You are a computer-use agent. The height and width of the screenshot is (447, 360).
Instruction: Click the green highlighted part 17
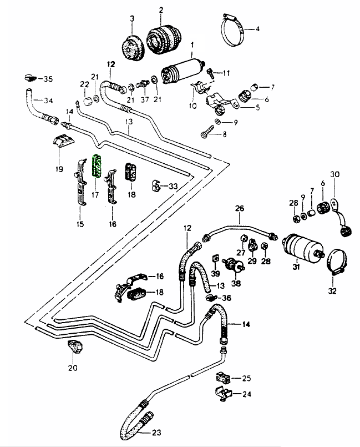coord(96,166)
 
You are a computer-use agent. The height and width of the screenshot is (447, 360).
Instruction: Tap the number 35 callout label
coord(48,79)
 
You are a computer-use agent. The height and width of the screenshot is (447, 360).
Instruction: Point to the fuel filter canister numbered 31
coord(303,246)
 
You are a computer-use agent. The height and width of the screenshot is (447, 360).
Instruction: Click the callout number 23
coord(156,433)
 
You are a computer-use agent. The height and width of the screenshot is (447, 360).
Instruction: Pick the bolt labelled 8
coord(207,130)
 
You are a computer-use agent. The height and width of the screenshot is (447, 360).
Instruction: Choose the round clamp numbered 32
coord(336,261)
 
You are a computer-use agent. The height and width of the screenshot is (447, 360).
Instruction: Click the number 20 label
coord(73,368)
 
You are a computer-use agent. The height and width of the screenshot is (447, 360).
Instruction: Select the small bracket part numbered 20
coord(75,347)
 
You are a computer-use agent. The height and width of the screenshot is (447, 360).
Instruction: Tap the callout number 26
coord(240,208)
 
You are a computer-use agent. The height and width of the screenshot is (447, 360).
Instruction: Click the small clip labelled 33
coord(155,186)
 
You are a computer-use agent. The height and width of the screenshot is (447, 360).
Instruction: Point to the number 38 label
coord(236,283)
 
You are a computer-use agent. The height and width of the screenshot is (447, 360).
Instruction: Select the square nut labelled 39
coord(216,259)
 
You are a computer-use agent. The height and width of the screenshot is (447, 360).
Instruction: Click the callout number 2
coord(161,11)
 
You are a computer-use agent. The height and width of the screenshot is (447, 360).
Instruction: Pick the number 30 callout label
coord(335,174)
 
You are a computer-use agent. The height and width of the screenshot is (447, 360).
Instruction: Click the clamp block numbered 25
coord(224,378)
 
